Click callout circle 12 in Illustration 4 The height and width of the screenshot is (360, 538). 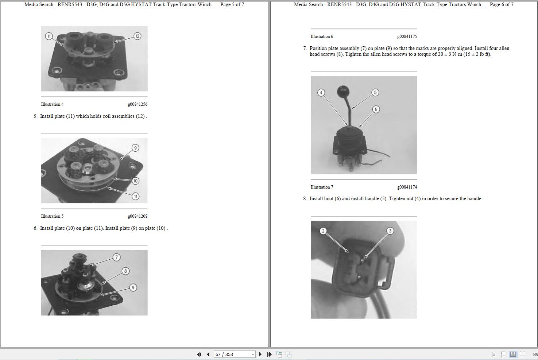pos(137,36)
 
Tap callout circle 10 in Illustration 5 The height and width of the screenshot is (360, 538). pos(135,181)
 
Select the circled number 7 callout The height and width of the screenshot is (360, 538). pos(116,258)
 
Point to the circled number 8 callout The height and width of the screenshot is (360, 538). pos(125,271)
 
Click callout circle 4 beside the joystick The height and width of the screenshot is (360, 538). pos(321,93)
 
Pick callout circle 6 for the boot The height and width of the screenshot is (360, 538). pos(376,109)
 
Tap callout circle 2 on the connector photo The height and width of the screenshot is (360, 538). pos(323,231)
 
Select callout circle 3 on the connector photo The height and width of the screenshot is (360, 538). pos(390,231)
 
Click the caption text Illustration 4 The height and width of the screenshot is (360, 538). pos(52,104)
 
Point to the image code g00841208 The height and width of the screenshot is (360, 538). pos(138,216)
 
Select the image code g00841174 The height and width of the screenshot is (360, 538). pos(407,187)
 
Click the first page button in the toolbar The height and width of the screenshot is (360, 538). pos(199,354)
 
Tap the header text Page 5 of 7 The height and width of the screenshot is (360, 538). pos(232,5)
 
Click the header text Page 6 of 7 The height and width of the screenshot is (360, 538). pos(502,5)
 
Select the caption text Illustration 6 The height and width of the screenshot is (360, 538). pos(322,36)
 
